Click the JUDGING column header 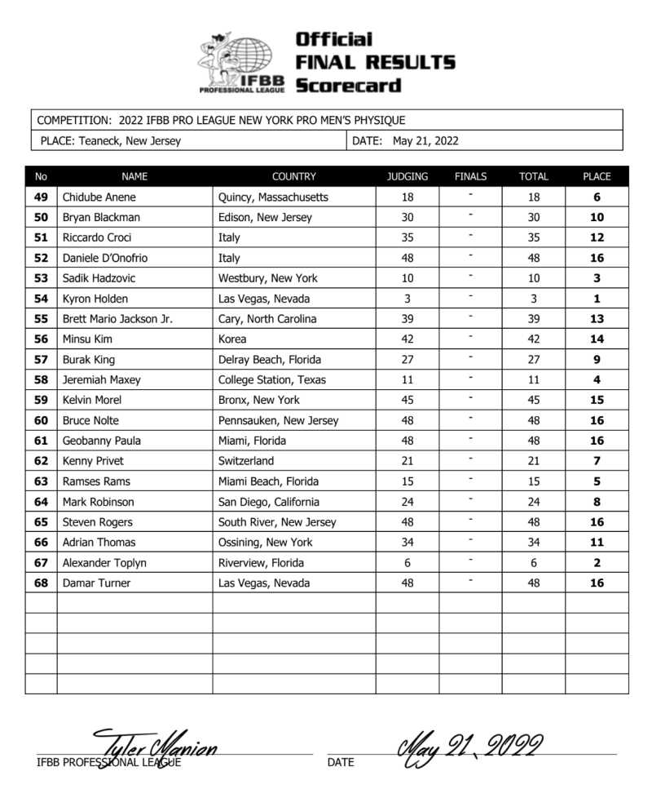click(x=407, y=176)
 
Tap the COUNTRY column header click(x=293, y=176)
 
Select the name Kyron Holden click(x=95, y=299)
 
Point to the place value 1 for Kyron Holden click(x=597, y=299)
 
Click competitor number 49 click(x=41, y=197)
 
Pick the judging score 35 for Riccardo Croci click(x=407, y=238)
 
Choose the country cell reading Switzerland click(x=246, y=461)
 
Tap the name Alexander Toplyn click(x=103, y=563)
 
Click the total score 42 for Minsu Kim click(x=534, y=339)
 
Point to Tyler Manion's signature click(x=155, y=747)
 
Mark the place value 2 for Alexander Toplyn click(x=597, y=563)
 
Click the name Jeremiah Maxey click(x=100, y=380)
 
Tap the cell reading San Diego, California click(x=269, y=502)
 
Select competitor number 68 click(x=41, y=583)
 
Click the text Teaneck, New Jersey click(x=130, y=141)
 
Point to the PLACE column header click(x=597, y=176)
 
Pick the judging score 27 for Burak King click(x=407, y=360)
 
